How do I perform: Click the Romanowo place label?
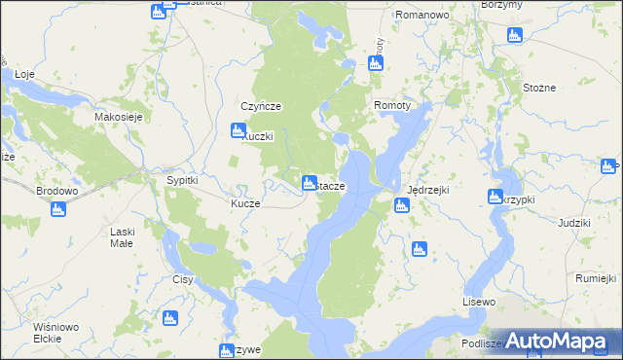421,17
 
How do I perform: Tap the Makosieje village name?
119,117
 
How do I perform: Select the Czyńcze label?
261,106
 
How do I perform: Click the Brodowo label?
56,191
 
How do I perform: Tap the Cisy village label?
183,279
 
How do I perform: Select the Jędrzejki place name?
428,190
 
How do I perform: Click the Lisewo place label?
480,303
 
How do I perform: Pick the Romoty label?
392,105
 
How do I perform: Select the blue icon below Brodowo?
57,209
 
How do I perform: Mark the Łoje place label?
25,74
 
